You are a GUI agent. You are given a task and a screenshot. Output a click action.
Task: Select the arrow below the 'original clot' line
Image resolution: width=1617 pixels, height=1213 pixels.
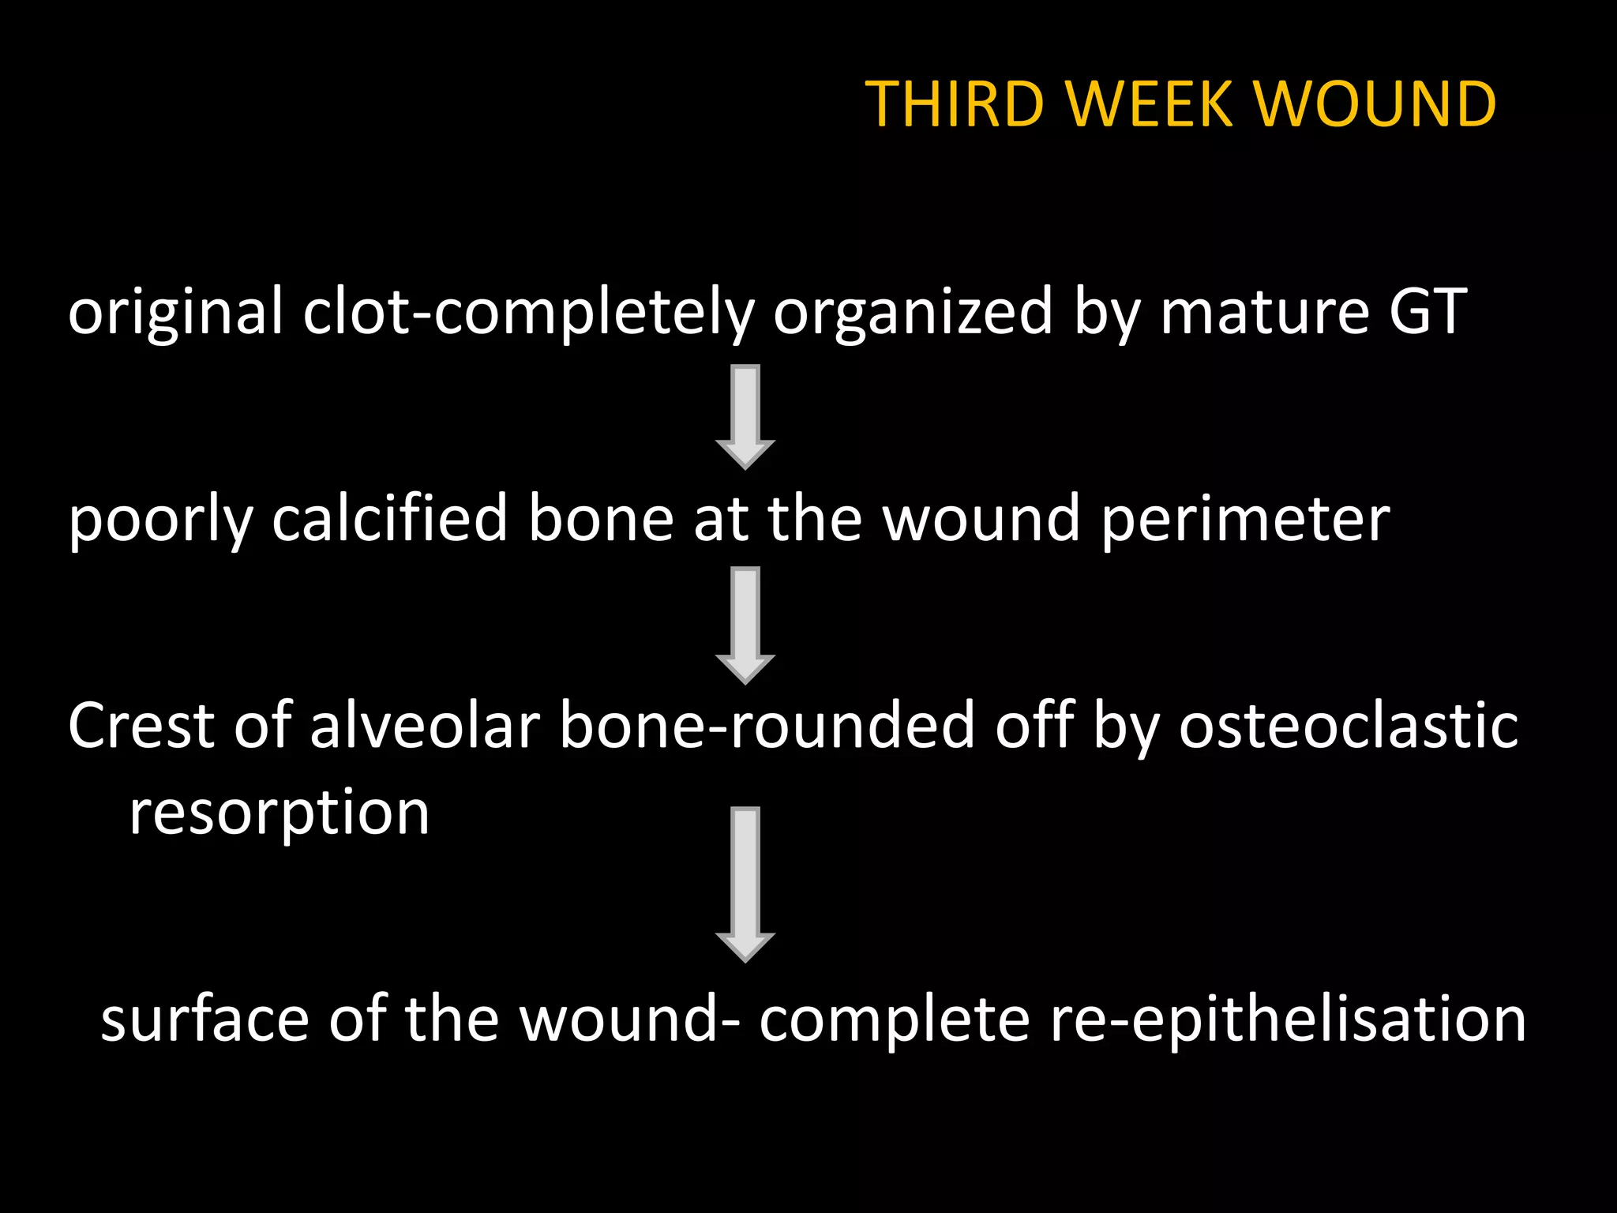tap(745, 416)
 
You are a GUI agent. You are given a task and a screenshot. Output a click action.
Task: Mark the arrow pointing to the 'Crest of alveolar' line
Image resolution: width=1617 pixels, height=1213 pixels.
tap(745, 625)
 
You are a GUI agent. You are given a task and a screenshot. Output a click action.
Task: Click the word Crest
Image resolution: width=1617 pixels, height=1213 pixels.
tap(141, 726)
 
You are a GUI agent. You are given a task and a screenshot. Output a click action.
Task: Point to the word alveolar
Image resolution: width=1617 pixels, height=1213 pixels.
tap(425, 726)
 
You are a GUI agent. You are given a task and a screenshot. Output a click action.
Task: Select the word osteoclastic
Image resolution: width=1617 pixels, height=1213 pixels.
tap(1348, 726)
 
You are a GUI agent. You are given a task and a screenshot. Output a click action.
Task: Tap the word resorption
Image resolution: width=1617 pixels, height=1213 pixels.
tap(280, 813)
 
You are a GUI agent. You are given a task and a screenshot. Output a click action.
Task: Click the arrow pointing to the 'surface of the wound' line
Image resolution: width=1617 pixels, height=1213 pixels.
tap(745, 884)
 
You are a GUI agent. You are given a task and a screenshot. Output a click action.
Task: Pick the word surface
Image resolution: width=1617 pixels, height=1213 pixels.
tap(204, 1020)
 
